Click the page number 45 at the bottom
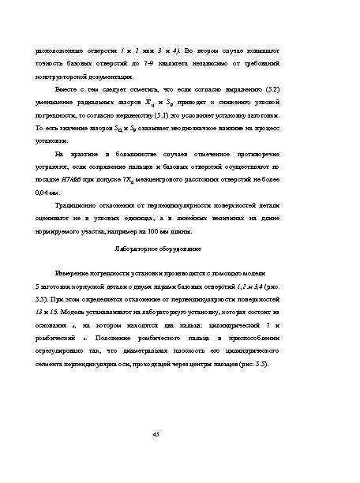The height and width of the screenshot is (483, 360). point(179,433)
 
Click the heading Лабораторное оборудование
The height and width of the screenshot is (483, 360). point(179,247)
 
